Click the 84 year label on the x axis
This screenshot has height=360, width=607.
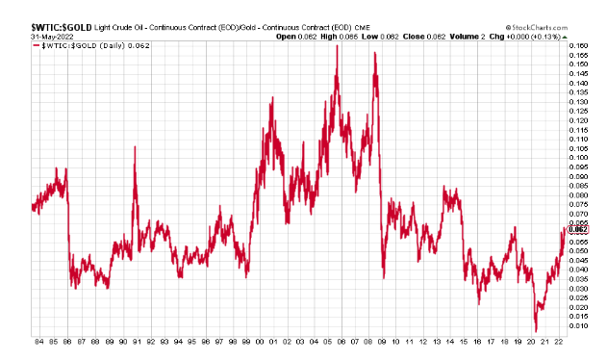point(37,342)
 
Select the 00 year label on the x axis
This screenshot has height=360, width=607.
point(260,342)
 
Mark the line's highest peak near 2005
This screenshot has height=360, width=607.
point(337,46)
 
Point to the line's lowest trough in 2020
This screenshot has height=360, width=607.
point(535,330)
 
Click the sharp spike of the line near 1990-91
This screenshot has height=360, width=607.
point(135,147)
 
